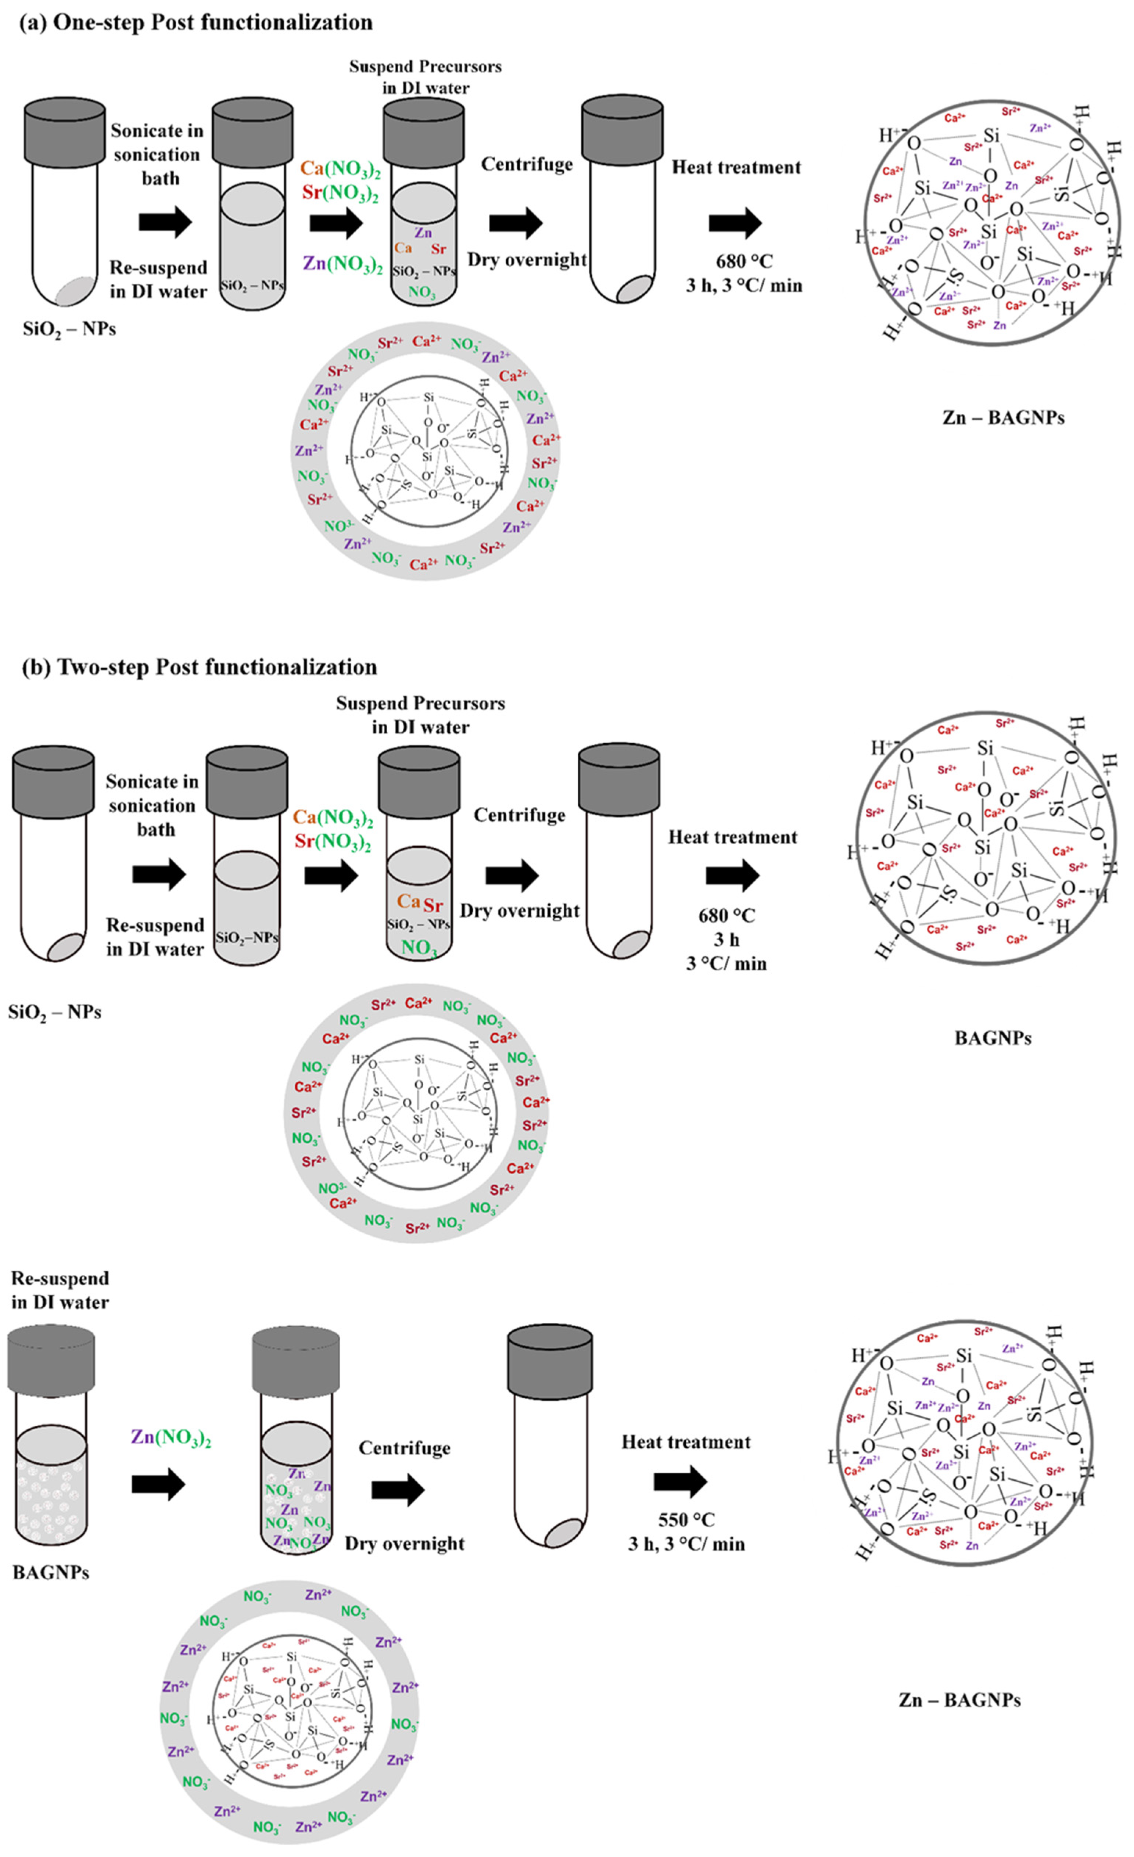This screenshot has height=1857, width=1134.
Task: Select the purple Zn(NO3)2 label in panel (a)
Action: tap(343, 264)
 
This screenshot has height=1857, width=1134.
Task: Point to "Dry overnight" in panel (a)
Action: tap(527, 260)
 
